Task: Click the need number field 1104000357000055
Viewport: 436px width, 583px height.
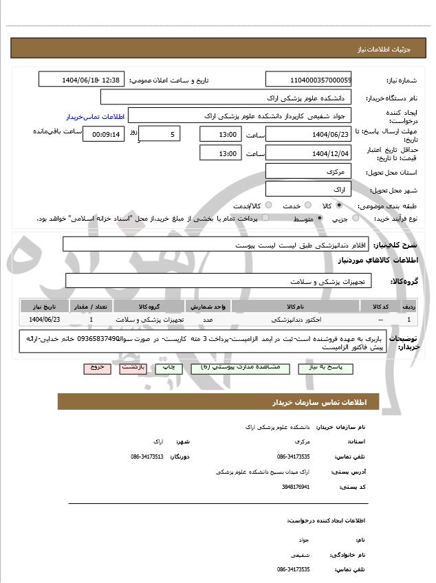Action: coord(308,80)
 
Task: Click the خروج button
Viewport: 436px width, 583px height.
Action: coord(97,368)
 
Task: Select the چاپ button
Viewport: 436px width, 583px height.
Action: coord(169,368)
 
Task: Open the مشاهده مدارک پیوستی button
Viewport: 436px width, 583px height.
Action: coord(236,368)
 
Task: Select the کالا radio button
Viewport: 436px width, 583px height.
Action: coord(338,206)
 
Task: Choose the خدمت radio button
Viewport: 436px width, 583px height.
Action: coord(307,206)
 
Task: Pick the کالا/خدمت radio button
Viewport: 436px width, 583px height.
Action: coord(268,206)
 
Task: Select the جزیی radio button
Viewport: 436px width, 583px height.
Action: coord(355,219)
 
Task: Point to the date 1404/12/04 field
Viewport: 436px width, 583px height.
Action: coord(308,153)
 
